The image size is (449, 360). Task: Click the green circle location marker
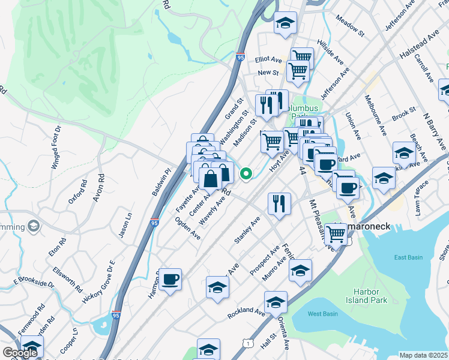pyautogui.click(x=246, y=174)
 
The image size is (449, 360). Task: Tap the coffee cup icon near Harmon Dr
pyautogui.click(x=170, y=279)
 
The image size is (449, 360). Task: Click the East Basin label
pyautogui.click(x=408, y=257)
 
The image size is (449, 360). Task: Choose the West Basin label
pyautogui.click(x=322, y=314)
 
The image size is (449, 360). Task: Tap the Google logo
pyautogui.click(x=20, y=353)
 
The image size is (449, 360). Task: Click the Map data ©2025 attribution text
pyautogui.click(x=423, y=355)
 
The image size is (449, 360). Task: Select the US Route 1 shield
pyautogui.click(x=247, y=342)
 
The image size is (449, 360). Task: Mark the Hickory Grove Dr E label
pyautogui.click(x=100, y=280)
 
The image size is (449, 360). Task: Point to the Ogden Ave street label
pyautogui.click(x=187, y=228)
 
